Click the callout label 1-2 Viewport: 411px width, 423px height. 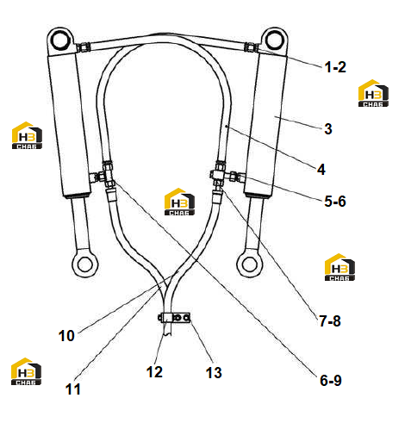335,67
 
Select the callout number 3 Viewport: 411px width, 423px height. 328,129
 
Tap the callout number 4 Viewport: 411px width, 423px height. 321,170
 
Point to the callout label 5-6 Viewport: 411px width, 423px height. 335,202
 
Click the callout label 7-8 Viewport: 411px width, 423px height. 330,320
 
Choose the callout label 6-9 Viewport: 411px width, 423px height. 331,381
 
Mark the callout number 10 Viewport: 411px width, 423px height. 66,336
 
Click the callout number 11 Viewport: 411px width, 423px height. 73,389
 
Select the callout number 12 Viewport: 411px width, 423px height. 154,372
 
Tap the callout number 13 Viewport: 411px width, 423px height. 214,373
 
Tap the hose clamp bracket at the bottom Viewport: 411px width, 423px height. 174,318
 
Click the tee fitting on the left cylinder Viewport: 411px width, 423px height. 107,175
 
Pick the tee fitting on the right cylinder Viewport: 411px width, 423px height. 220,174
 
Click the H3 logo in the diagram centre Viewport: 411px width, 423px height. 179,202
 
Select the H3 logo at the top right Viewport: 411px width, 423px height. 373,93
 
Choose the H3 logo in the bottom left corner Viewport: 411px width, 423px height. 26,371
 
